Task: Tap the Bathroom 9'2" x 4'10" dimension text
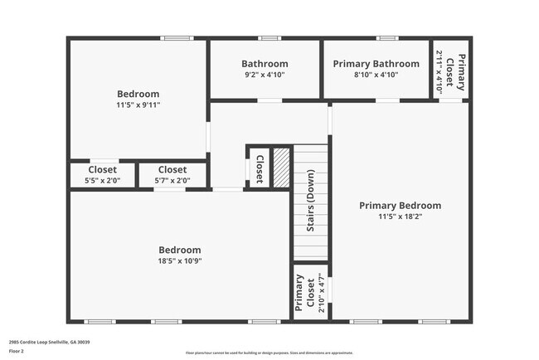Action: point(265,75)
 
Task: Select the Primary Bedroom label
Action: point(400,205)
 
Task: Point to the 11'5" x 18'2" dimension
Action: point(400,216)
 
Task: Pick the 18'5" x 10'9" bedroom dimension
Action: point(180,260)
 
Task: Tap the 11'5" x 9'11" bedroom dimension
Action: point(138,105)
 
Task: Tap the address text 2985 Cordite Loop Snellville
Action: point(50,342)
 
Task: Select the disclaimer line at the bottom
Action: point(269,353)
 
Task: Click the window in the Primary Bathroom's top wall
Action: point(386,38)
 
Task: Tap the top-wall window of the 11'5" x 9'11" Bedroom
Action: point(177,38)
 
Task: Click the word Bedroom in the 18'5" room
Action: point(180,250)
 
